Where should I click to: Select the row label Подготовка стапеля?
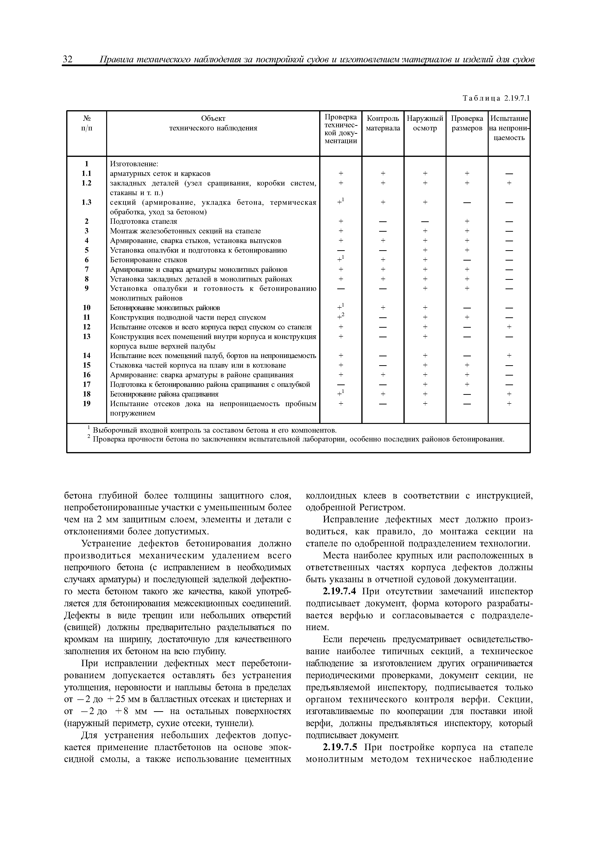[x=144, y=221]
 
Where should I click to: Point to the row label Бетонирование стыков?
[x=149, y=260]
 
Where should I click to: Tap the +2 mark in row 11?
[x=341, y=317]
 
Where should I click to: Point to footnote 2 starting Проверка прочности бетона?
[x=298, y=440]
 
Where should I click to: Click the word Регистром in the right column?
[x=383, y=508]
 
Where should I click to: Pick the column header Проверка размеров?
[x=467, y=123]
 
